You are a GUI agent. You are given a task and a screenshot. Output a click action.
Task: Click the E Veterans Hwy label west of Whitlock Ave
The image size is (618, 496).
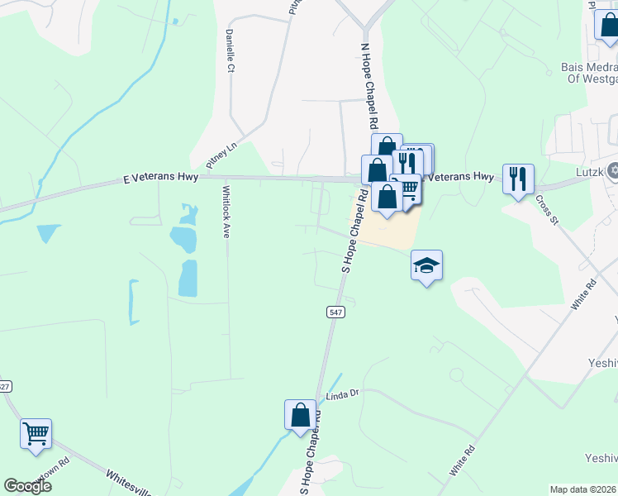click(160, 179)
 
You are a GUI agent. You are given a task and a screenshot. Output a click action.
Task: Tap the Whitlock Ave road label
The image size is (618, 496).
click(226, 211)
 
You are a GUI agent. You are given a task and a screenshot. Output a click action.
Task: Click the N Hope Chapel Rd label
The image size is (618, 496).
click(368, 85)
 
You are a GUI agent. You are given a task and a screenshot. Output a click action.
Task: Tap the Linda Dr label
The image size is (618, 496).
click(344, 396)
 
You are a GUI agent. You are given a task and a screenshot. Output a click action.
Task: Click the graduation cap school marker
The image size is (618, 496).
click(426, 266)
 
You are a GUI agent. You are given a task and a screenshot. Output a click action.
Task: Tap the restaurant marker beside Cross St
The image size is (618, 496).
click(518, 179)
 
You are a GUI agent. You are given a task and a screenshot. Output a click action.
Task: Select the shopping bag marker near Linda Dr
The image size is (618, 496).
click(300, 416)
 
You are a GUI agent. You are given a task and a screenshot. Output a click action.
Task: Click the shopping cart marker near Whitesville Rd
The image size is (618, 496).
click(36, 434)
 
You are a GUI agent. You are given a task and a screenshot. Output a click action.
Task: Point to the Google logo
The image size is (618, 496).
click(27, 486)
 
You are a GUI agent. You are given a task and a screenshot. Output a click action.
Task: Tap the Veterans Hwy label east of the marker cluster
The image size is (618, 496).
click(463, 177)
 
